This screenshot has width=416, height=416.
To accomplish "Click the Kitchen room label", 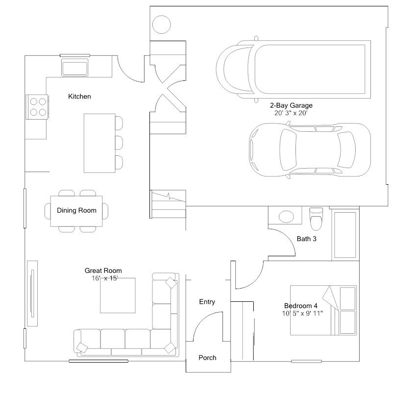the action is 79,97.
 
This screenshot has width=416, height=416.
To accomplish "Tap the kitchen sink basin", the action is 74,68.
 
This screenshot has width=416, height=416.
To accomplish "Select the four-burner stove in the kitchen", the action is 37,107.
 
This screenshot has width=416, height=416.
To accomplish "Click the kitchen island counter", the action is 99,143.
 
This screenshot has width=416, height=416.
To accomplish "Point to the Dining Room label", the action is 76,210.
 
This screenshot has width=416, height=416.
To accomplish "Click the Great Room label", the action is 103,270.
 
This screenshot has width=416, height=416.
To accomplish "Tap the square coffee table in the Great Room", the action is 118,295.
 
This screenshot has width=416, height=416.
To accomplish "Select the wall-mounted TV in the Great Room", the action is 32,294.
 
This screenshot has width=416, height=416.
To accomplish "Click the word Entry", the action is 207,302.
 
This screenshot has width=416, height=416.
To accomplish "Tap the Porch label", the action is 207,358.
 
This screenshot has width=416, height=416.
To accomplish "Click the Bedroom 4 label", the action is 300,306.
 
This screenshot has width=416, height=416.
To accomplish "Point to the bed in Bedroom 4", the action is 323,311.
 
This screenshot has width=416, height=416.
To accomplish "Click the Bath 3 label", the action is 306,239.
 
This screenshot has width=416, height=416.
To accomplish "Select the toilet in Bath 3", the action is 316,219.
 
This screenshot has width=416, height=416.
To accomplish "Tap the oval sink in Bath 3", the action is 286,216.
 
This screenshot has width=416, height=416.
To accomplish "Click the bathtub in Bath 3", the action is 345,235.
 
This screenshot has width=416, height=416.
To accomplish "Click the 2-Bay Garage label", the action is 292,105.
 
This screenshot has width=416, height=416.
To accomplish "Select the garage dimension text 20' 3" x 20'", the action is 291,113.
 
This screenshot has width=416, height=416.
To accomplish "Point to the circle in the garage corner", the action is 162,24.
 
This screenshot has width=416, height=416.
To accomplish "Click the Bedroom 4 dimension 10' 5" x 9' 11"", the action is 302,313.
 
